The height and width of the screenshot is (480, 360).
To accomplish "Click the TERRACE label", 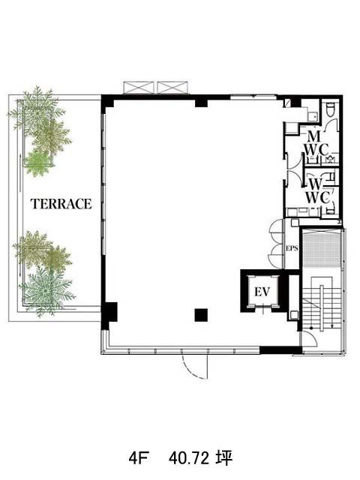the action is point(61,204).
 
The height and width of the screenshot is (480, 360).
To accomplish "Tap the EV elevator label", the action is point(262,291).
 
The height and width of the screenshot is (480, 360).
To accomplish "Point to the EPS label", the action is point(292,248).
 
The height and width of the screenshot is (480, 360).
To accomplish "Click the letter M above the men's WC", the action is point(313,136).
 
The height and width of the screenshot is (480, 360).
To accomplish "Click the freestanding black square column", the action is point(201,315).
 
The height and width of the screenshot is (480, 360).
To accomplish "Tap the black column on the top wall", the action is point(202,102).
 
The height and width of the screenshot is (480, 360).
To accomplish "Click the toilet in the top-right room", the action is point(330,109).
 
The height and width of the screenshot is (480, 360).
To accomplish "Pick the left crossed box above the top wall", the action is point(138,88).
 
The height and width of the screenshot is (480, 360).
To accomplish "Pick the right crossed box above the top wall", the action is point(172,88).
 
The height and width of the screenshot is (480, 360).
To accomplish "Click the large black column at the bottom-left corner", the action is point(109,312).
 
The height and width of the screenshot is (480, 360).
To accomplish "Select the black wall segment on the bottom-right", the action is point(280,350).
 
